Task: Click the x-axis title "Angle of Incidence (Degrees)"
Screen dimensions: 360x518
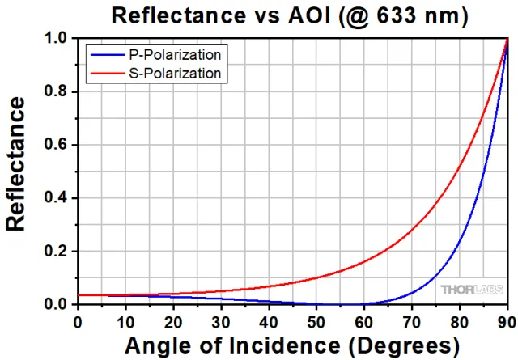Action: tap(291, 345)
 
